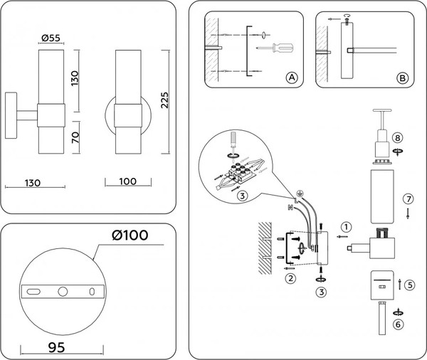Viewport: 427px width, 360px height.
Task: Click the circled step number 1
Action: tap(346, 228)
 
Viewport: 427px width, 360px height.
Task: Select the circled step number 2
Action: tap(290, 279)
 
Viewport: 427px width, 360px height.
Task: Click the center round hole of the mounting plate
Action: tap(62, 291)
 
